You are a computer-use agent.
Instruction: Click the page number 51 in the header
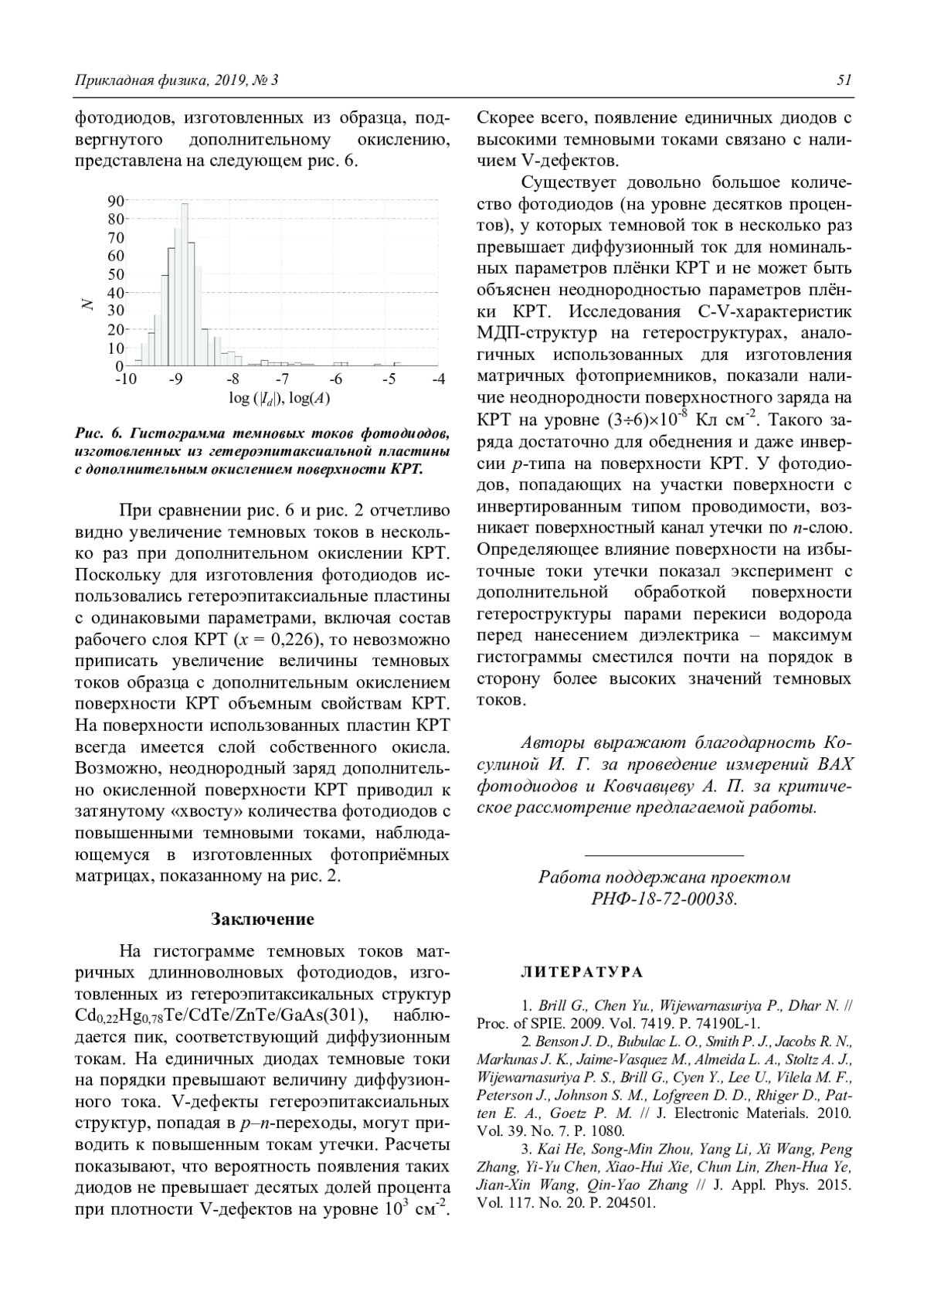pos(844,80)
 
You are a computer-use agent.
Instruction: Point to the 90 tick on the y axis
pos(115,201)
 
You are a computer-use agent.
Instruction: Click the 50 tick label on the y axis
pos(115,274)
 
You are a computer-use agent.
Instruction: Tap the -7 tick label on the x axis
pos(282,379)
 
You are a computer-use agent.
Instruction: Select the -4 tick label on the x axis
pos(438,379)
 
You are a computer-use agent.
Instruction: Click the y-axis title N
pos(88,304)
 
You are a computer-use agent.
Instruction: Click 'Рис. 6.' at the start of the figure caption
pos(99,431)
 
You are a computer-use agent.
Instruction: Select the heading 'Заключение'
pos(263,919)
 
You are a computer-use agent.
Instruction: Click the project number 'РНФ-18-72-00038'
pos(664,899)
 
